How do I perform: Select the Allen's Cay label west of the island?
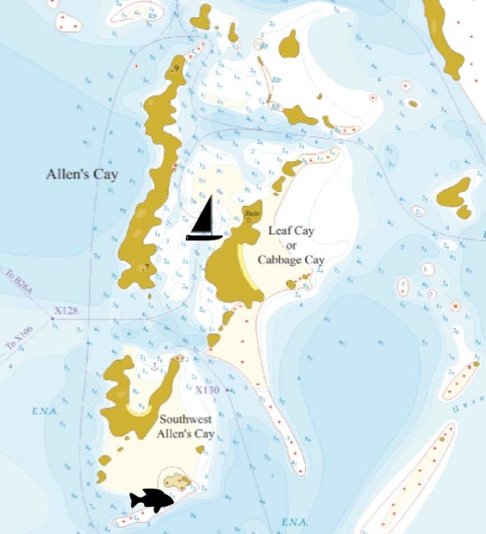tap(82, 174)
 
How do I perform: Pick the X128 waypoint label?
tap(67, 311)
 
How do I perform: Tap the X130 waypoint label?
tap(207, 390)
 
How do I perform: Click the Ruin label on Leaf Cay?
tap(252, 212)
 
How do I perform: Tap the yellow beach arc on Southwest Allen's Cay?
tap(140, 409)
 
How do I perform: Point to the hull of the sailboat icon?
tap(205, 236)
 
